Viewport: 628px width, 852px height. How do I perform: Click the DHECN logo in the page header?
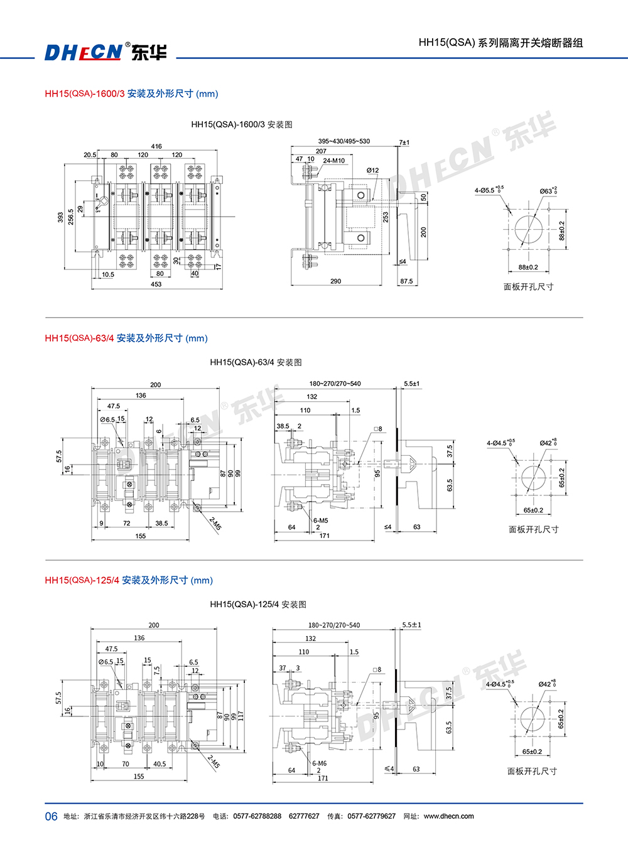pyautogui.click(x=83, y=51)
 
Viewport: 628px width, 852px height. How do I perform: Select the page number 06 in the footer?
pyautogui.click(x=51, y=816)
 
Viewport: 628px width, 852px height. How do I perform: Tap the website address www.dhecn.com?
pyautogui.click(x=448, y=816)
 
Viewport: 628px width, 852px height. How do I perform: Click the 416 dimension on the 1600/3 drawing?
pyautogui.click(x=156, y=146)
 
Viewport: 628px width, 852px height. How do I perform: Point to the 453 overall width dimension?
pyautogui.click(x=156, y=284)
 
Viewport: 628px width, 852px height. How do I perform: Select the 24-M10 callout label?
pyautogui.click(x=333, y=161)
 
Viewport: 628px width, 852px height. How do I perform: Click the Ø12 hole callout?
pyautogui.click(x=372, y=170)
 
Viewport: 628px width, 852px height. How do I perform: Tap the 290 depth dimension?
pyautogui.click(x=335, y=281)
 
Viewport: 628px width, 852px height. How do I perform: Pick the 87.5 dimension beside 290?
pyautogui.click(x=406, y=281)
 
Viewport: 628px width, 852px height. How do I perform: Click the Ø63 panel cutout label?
pyautogui.click(x=548, y=191)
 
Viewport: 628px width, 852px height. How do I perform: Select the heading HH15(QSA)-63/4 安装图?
pyautogui.click(x=256, y=362)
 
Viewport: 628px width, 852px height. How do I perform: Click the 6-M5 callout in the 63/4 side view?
pyautogui.click(x=320, y=520)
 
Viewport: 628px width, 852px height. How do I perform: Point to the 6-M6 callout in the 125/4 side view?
pyautogui.click(x=320, y=763)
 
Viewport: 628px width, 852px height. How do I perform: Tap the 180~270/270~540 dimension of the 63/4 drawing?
pyautogui.click(x=335, y=384)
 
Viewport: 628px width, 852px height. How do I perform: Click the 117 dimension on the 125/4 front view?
pyautogui.click(x=241, y=715)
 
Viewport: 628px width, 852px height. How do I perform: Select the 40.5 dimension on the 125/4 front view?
pyautogui.click(x=160, y=764)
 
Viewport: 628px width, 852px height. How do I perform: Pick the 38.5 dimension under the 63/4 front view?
pyautogui.click(x=161, y=523)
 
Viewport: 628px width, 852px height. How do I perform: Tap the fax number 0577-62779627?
pyautogui.click(x=371, y=816)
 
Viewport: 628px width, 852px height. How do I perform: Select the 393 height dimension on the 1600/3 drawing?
pyautogui.click(x=61, y=217)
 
